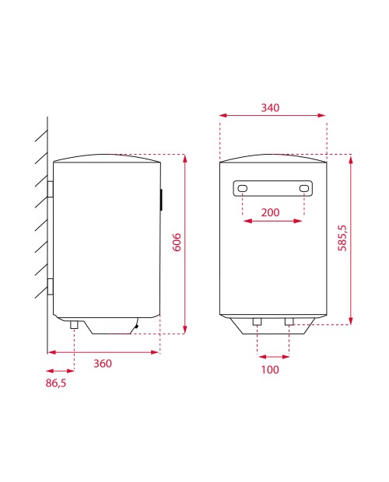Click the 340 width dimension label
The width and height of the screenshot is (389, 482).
(270, 107)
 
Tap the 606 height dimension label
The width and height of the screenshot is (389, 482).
(177, 243)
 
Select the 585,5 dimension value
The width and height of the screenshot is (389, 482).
(342, 238)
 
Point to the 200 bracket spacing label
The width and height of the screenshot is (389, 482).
(270, 212)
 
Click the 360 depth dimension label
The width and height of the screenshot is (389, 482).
(103, 363)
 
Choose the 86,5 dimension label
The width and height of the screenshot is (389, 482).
(56, 383)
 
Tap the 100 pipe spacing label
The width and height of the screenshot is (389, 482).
(270, 369)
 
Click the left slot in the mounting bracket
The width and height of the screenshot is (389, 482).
(242, 188)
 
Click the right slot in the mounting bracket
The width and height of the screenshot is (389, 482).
(304, 188)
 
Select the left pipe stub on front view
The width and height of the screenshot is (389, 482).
(257, 322)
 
